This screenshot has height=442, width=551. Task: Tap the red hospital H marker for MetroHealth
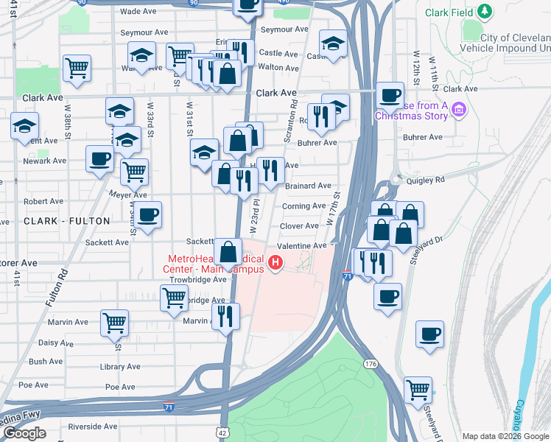tap(275, 262)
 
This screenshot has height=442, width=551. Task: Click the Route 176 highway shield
tap(370, 364)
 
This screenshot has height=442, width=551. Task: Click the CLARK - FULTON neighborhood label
tap(66, 221)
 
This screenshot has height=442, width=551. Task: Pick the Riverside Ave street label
tap(92, 427)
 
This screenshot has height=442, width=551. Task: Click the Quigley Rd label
tap(429, 179)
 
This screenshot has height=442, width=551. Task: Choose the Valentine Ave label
tap(301, 246)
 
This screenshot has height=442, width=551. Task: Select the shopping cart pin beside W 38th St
tap(77, 67)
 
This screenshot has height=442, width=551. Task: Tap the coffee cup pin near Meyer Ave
tap(148, 214)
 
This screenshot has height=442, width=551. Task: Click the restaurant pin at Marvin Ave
tap(225, 315)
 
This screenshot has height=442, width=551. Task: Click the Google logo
tap(24, 434)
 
